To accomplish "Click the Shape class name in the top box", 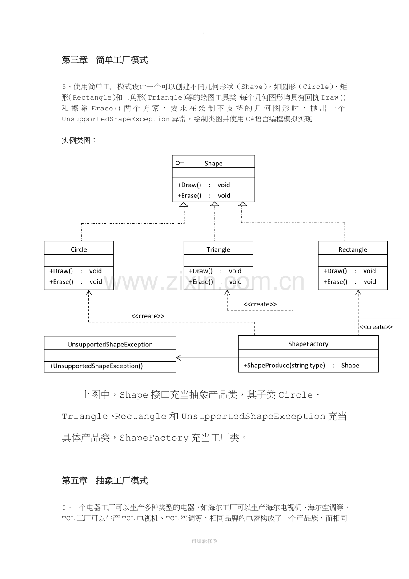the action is [213, 163].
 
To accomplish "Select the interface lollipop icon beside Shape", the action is [179, 163].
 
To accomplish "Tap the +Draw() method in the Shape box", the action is [189, 185].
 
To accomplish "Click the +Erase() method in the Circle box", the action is [61, 282].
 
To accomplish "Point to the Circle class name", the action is [79, 249].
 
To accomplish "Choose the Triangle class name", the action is [218, 249].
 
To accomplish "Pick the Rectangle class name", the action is [353, 249].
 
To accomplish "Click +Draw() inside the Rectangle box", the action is [335, 271].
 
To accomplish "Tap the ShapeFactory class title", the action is [308, 344].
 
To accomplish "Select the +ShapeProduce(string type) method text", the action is [284, 365].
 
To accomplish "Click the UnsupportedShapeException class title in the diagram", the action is [110, 344].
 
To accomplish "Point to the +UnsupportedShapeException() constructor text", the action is [96, 366].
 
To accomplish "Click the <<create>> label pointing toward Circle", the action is [148, 316].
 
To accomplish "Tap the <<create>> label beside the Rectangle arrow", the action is [376, 327].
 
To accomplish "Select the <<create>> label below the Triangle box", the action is [260, 304].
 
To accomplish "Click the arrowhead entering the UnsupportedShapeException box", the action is [178, 358].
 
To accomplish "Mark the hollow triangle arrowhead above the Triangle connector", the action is [214, 205].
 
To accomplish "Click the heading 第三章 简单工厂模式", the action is [104, 60].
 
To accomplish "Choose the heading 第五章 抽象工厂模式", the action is [104, 481].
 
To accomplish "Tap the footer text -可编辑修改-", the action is [204, 541].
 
